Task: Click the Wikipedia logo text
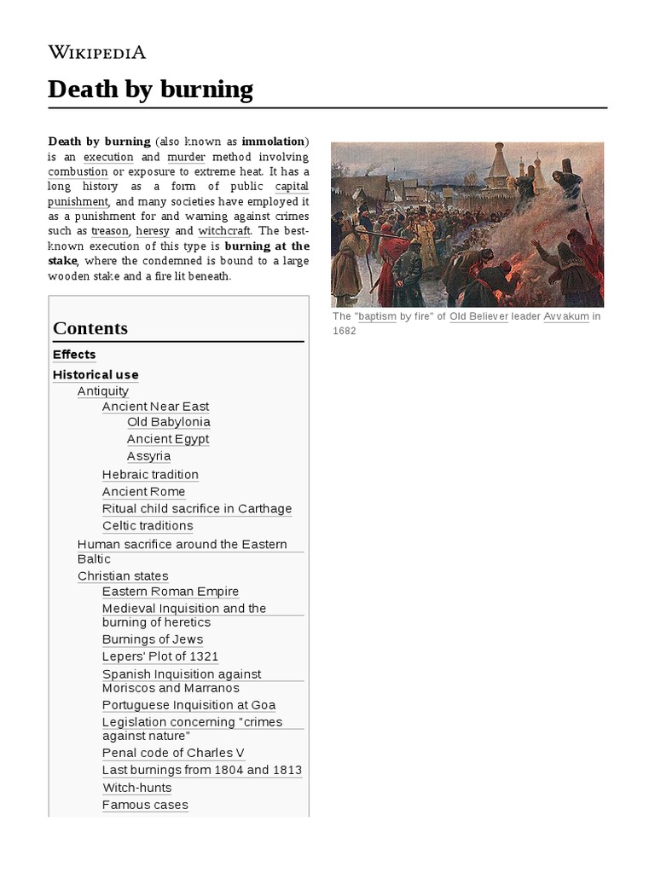tap(97, 52)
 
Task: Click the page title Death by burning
tap(150, 90)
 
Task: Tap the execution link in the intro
tap(108, 157)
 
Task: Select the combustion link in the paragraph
tap(78, 171)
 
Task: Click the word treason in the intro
tap(110, 231)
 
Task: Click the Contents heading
tap(90, 328)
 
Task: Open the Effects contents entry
tap(74, 355)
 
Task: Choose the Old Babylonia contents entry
tap(168, 422)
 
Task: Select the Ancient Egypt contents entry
tap(167, 439)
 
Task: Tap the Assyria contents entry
tap(148, 456)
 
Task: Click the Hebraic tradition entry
tap(150, 475)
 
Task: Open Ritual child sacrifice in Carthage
tap(196, 509)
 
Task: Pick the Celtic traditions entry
tap(148, 526)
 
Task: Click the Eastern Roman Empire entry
tap(170, 592)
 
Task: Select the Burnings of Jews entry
tap(153, 639)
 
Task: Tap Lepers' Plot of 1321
tap(160, 656)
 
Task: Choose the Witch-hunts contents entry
tap(136, 788)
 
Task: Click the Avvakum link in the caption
tap(565, 316)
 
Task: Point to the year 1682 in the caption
tap(344, 331)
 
